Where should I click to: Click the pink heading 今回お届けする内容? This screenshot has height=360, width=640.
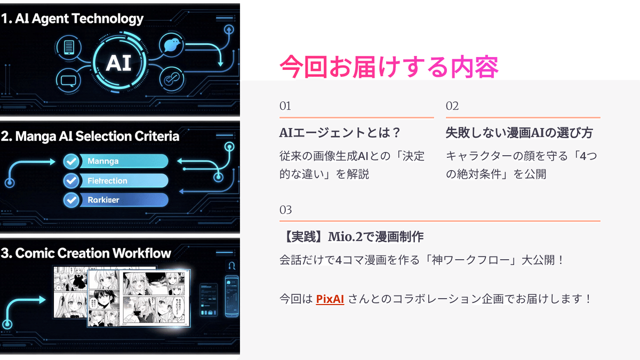[389, 67]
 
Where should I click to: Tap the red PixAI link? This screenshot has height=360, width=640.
[330, 299]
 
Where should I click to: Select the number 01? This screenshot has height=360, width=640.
[285, 106]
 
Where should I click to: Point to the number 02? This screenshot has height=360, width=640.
[452, 106]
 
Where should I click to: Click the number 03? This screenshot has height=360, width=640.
[285, 210]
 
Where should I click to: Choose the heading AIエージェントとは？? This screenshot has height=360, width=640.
[340, 132]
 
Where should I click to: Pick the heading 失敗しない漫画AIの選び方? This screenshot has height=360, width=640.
[519, 132]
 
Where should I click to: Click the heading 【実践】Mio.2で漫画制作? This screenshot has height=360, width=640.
[351, 236]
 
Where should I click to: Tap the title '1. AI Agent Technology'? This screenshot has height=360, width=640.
[73, 19]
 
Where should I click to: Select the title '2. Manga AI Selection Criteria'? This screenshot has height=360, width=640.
[90, 136]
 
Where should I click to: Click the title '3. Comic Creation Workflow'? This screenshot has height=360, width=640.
[86, 253]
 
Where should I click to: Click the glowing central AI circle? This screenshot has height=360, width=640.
[118, 62]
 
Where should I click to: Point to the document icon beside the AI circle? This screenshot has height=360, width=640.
[68, 48]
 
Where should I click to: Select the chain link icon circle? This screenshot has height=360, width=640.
[172, 79]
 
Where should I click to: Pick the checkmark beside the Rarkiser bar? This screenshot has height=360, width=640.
[71, 200]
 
